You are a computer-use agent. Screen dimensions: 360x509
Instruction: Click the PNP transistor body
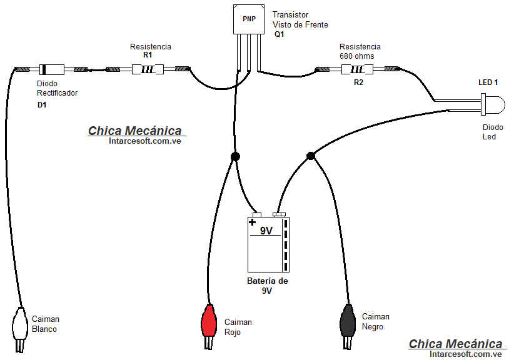pos(249,19)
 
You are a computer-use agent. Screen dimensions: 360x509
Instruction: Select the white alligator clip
pos(19,324)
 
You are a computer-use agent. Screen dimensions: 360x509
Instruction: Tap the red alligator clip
pos(209,322)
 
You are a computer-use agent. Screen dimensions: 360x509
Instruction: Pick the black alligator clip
pos(347,322)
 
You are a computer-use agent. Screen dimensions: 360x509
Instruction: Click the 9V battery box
pos(268,244)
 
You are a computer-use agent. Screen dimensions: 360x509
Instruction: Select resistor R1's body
pos(148,69)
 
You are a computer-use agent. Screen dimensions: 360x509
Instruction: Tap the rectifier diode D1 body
pos(51,69)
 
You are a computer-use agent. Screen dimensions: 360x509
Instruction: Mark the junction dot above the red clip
pos(235,156)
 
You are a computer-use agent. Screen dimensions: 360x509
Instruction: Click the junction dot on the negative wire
pos(310,156)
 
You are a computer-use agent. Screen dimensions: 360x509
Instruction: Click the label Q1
pos(279,34)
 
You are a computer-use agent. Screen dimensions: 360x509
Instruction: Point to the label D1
pos(42,105)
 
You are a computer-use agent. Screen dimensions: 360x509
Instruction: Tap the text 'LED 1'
pos(488,82)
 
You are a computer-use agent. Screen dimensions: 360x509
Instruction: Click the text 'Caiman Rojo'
pos(238,327)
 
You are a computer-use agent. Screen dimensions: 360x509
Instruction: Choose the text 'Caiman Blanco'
pos(45,324)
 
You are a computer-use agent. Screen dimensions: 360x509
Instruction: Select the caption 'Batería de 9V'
pos(267,286)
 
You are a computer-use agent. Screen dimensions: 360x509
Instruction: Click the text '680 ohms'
pos(356,56)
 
